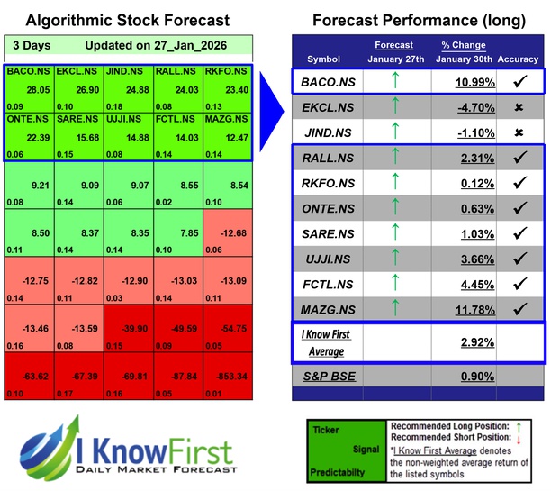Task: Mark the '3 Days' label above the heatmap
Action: coord(32,45)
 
